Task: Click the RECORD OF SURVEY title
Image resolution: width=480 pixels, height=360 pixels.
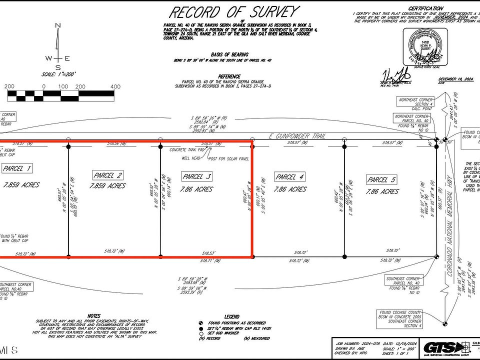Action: pyautogui.click(x=233, y=11)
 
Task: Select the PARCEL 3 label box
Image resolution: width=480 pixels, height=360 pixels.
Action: pyautogui.click(x=196, y=176)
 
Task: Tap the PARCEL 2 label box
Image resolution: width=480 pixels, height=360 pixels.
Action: pyautogui.click(x=108, y=175)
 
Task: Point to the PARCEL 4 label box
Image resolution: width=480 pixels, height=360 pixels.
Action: pyautogui.click(x=290, y=177)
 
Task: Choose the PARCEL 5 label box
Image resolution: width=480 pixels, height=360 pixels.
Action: pyautogui.click(x=381, y=179)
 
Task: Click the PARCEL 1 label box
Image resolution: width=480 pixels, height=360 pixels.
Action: pyautogui.click(x=17, y=168)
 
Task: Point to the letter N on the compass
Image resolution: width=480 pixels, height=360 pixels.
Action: pyautogui.click(x=58, y=25)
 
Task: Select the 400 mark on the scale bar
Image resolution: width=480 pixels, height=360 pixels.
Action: pyautogui.click(x=115, y=86)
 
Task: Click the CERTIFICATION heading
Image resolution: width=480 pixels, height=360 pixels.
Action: pyautogui.click(x=425, y=8)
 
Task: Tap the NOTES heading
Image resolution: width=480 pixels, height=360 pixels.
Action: pyautogui.click(x=93, y=316)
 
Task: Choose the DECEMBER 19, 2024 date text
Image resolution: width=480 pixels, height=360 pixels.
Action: pyautogui.click(x=455, y=79)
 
